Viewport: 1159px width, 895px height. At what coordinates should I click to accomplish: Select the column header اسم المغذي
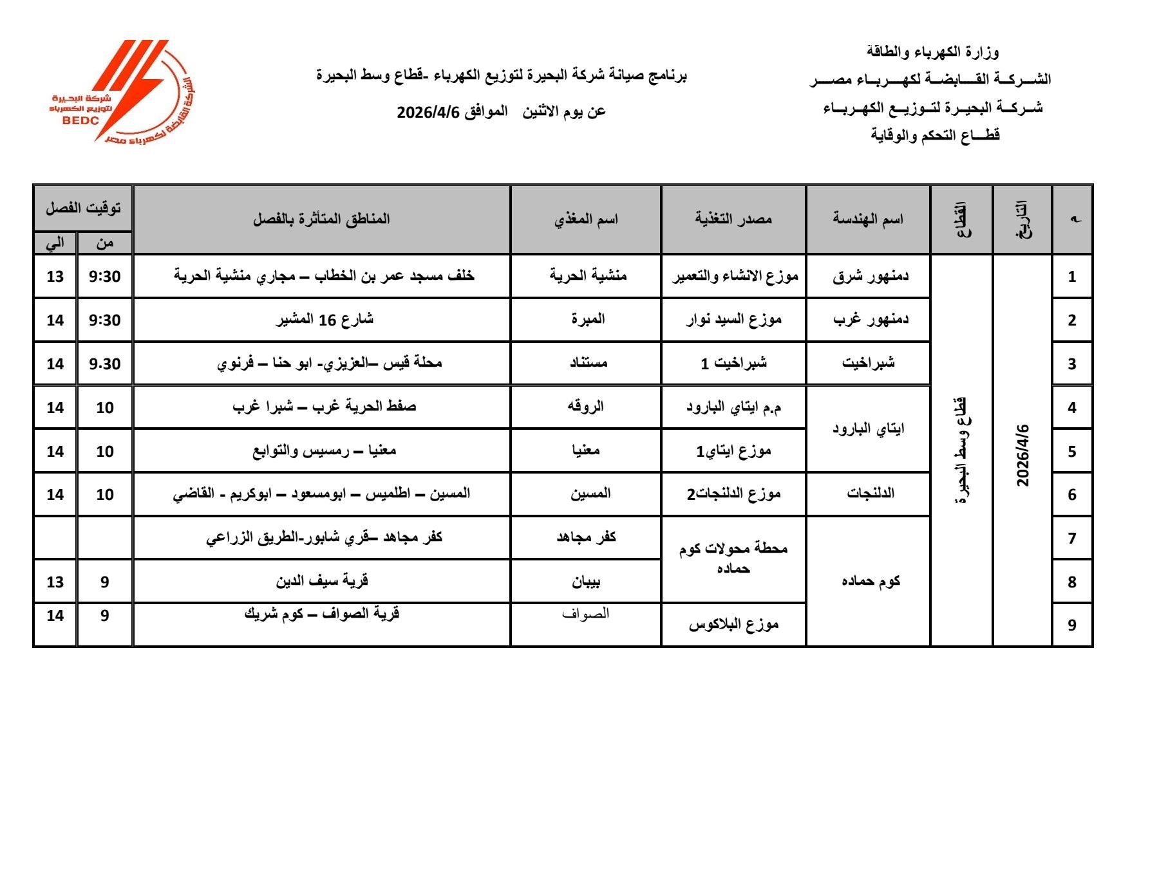coord(586,219)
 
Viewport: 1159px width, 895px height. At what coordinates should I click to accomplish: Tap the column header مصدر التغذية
coord(733,219)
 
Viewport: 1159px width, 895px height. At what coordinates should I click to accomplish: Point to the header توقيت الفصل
coord(83,208)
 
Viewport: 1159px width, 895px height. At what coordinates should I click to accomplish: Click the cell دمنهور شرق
coord(870,276)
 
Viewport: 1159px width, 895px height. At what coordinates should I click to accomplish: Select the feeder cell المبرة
coord(587,319)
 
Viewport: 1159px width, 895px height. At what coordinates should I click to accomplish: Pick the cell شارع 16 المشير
coord(325,319)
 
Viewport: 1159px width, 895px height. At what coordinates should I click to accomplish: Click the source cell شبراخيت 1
coord(733,363)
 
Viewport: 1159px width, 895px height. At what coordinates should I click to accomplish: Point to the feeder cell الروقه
coord(585,407)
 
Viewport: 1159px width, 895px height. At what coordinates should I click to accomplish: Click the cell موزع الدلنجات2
coord(733,494)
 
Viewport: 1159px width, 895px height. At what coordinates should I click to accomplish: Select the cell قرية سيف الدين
coord(322,581)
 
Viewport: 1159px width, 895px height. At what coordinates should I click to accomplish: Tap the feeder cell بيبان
coord(586,582)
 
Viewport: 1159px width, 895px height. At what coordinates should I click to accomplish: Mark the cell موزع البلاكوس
coord(733,624)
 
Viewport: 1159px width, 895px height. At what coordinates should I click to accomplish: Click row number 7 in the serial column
coord(1071,538)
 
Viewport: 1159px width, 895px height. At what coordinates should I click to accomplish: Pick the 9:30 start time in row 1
coord(105,276)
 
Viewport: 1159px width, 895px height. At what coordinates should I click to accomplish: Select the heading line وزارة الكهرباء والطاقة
coord(932,51)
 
